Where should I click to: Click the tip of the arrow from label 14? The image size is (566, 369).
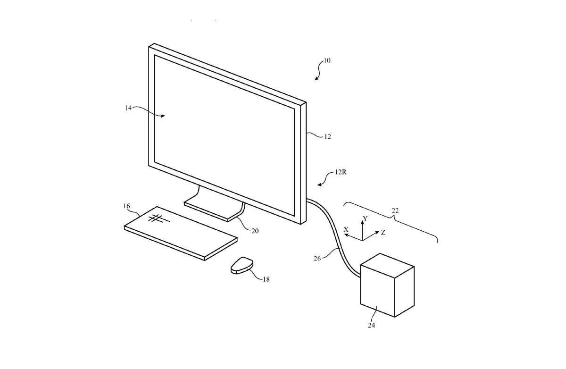pyautogui.click(x=165, y=116)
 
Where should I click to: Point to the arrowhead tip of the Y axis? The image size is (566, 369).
pyautogui.click(x=362, y=221)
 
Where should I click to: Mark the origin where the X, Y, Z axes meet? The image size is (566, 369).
pyautogui.click(x=362, y=240)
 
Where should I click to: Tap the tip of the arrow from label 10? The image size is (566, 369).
pyautogui.click(x=315, y=80)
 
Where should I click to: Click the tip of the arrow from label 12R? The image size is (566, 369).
pyautogui.click(x=317, y=185)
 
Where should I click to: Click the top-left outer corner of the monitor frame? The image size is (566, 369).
pyautogui.click(x=149, y=47)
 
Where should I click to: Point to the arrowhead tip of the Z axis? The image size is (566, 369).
pyautogui.click(x=379, y=231)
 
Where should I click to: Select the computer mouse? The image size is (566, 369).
pyautogui.click(x=242, y=265)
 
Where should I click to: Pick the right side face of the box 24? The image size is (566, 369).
pyautogui.click(x=404, y=292)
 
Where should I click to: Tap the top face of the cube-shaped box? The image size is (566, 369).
pyautogui.click(x=387, y=265)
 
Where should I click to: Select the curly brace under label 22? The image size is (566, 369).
pyautogui.click(x=391, y=222)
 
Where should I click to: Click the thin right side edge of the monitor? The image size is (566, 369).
pyautogui.click(x=303, y=163)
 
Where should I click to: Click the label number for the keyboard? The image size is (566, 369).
pyautogui.click(x=126, y=206)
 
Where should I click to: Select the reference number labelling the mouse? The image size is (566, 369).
pyautogui.click(x=266, y=279)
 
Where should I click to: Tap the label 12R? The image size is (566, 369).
pyautogui.click(x=341, y=172)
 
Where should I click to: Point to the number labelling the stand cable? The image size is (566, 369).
pyautogui.click(x=255, y=231)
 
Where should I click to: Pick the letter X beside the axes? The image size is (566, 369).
pyautogui.click(x=346, y=229)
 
